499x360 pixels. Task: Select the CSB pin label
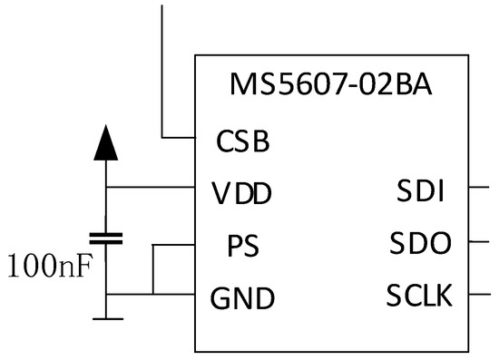(x=243, y=141)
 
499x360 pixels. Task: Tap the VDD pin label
(x=241, y=193)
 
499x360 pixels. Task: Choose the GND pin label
(x=242, y=297)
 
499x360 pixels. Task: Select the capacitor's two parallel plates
(x=106, y=238)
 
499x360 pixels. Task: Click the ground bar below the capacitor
(x=106, y=318)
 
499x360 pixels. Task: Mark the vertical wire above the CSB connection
(x=162, y=63)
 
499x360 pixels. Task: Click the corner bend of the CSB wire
(x=163, y=138)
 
